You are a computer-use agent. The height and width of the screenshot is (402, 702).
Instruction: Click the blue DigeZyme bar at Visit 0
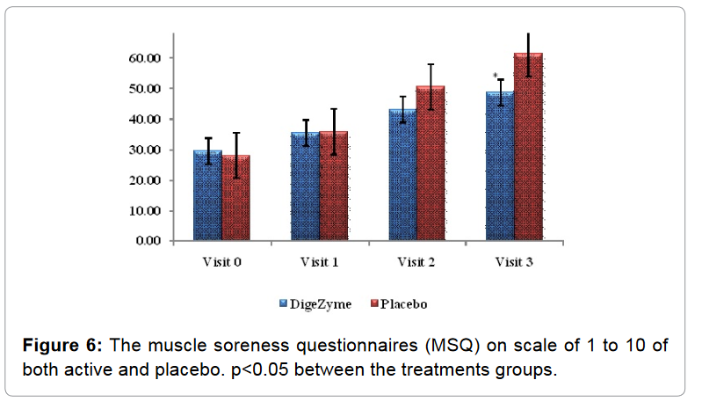(x=207, y=195)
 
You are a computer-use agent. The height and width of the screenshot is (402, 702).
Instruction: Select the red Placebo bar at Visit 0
(x=235, y=198)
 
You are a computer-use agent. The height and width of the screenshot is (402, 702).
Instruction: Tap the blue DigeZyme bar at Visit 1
(x=305, y=186)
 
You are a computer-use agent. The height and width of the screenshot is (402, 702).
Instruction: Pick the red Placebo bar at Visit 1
(x=333, y=186)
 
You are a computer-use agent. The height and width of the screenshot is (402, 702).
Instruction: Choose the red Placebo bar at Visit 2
(x=431, y=164)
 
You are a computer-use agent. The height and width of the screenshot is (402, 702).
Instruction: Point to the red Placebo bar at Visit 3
(x=528, y=147)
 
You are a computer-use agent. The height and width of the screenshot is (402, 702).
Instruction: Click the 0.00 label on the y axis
(x=148, y=241)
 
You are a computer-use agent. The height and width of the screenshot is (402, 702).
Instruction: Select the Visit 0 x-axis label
(x=222, y=262)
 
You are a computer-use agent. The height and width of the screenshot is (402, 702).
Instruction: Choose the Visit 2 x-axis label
(x=416, y=262)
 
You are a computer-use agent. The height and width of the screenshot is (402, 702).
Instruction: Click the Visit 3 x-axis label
(x=514, y=262)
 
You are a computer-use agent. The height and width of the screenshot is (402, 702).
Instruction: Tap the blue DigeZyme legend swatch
(x=284, y=303)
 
